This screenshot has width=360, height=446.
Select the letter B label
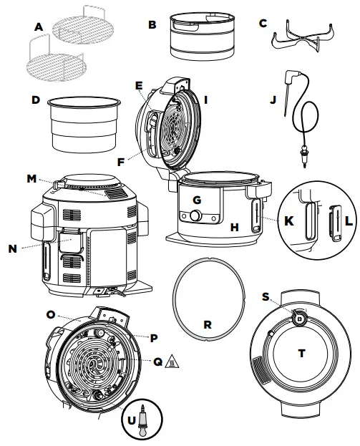[x=151, y=24]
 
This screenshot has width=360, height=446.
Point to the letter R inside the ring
[x=207, y=324]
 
